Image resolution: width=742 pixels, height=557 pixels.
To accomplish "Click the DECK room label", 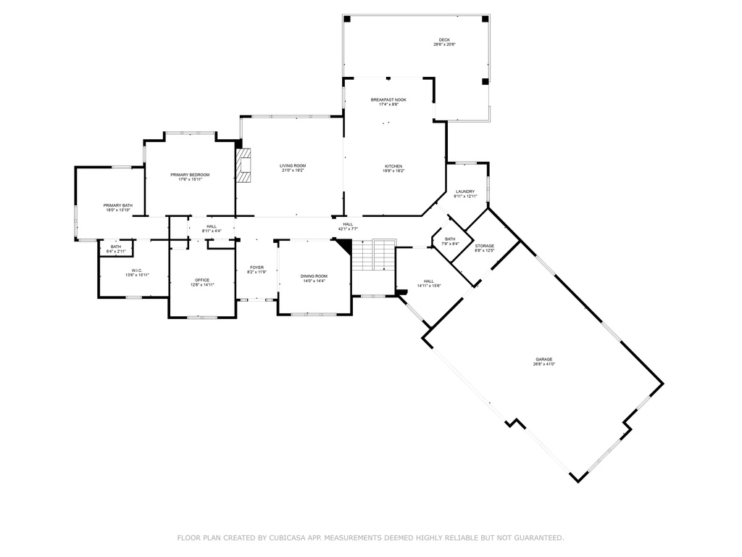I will click(444, 40).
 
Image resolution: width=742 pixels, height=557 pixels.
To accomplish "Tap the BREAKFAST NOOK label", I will click(388, 99).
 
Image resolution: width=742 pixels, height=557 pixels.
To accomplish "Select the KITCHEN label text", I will click(393, 166).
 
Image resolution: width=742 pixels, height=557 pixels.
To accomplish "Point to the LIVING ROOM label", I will click(293, 166).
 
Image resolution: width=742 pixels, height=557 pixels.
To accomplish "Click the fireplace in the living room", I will click(246, 166).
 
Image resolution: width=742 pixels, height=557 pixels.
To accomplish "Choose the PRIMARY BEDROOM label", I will click(190, 175).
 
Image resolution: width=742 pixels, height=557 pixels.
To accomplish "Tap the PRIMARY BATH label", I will click(117, 205).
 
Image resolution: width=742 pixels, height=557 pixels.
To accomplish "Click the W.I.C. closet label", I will click(137, 271).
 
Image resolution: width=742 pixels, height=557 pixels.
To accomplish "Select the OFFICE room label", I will click(201, 280).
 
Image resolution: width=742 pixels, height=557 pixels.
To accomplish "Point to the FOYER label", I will click(257, 268).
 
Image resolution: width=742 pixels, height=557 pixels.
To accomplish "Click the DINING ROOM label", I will click(314, 276).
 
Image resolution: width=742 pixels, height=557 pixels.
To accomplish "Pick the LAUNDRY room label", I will click(465, 191).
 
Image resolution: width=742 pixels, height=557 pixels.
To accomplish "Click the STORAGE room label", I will click(485, 246).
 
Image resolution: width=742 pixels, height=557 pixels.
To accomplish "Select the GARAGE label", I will click(544, 359).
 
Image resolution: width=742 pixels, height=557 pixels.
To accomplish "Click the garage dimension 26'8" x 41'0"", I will click(544, 364).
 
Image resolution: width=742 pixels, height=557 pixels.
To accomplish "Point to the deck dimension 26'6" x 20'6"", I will click(444, 45).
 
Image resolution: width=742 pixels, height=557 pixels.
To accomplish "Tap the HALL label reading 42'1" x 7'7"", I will click(348, 224).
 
